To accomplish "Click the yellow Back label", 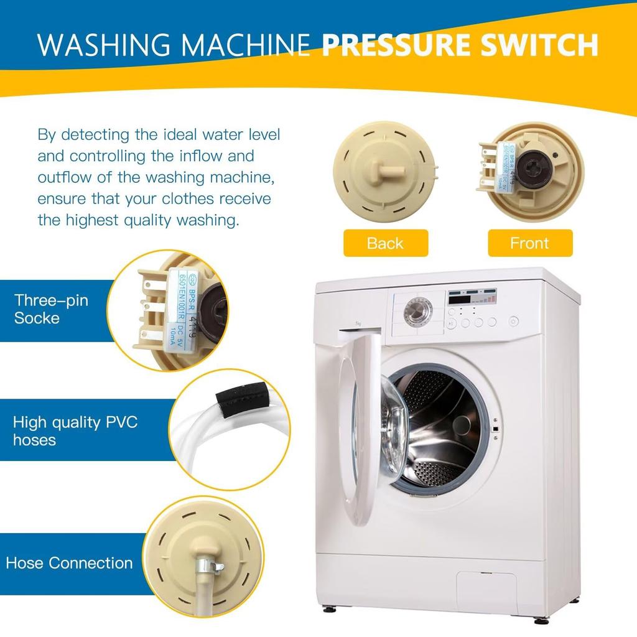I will [x=385, y=243].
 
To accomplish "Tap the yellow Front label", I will [x=529, y=243].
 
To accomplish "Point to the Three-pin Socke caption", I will [x=51, y=309].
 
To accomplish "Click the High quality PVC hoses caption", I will [x=75, y=431].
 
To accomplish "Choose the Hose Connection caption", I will [x=69, y=563].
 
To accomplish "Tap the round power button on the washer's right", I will [x=513, y=322].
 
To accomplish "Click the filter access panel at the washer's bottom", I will [x=486, y=587].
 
